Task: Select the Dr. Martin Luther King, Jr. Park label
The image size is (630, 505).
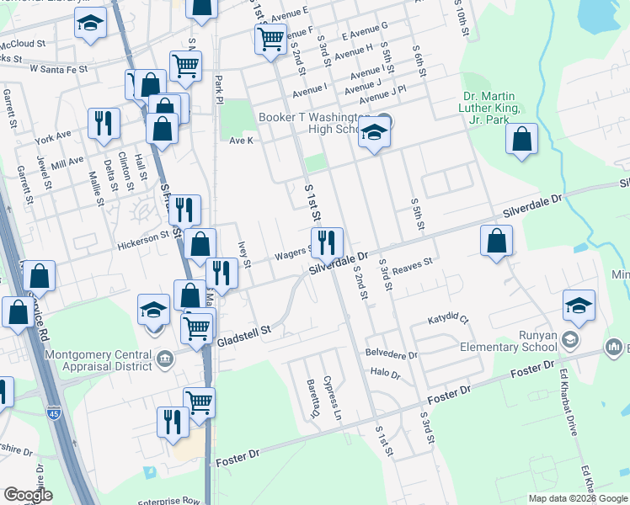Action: pyautogui.click(x=492, y=108)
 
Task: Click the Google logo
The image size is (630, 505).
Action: pyautogui.click(x=28, y=495)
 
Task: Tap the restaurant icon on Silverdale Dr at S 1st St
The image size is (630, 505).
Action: pyautogui.click(x=327, y=242)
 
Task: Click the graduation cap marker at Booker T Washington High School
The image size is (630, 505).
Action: pyautogui.click(x=374, y=133)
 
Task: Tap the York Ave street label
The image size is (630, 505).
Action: pyautogui.click(x=53, y=136)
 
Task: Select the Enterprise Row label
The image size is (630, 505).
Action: pyautogui.click(x=168, y=501)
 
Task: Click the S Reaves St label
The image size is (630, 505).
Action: pyautogui.click(x=409, y=263)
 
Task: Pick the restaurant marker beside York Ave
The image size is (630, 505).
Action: pyautogui.click(x=104, y=123)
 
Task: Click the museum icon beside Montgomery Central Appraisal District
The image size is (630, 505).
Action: pyautogui.click(x=165, y=360)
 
